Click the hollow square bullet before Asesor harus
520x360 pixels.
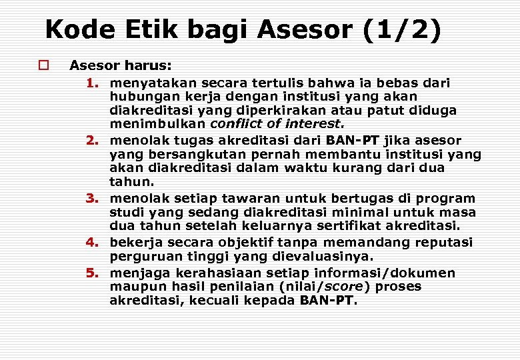coord(43,65)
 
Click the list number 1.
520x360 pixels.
coord(92,83)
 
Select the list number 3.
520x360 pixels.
coord(92,199)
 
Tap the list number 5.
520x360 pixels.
coord(92,273)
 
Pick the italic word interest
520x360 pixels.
coord(314,123)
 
